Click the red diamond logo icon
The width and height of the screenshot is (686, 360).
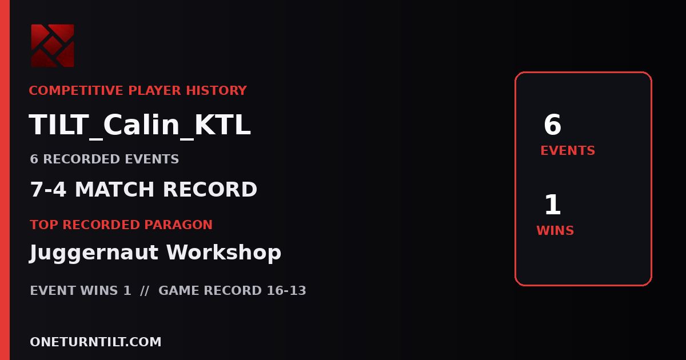click(53, 46)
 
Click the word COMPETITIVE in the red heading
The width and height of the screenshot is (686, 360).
click(76, 91)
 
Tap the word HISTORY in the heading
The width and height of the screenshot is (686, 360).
click(217, 91)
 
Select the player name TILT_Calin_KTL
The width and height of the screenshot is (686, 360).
click(139, 125)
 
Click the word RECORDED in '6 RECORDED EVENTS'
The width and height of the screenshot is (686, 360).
click(81, 159)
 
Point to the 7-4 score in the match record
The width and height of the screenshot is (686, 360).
click(48, 189)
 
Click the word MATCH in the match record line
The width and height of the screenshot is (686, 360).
click(114, 189)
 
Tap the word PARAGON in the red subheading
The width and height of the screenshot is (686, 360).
click(178, 225)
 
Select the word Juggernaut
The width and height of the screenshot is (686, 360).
click(94, 253)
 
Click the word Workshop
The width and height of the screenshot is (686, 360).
click(224, 252)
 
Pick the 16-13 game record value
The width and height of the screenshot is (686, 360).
click(286, 290)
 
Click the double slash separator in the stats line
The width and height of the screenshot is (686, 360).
click(145, 290)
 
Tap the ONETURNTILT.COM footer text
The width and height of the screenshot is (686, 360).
click(95, 342)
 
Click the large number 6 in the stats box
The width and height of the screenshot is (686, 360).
click(552, 125)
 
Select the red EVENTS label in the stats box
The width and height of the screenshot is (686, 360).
click(568, 151)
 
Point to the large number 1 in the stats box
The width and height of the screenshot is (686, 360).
click(553, 205)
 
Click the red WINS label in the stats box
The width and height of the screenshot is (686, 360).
click(555, 230)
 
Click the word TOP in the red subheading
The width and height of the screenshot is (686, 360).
click(44, 225)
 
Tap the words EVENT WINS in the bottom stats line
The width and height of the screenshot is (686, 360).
click(74, 290)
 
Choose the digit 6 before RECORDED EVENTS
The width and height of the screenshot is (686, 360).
click(34, 159)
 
